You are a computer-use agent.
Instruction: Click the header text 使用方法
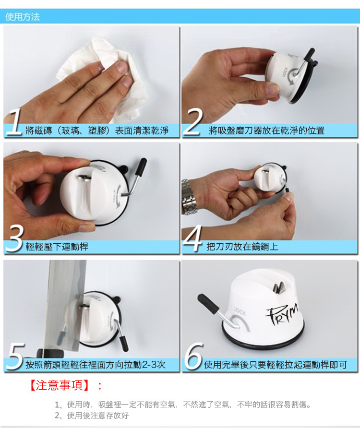click(23, 17)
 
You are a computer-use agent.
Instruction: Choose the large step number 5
click(14, 359)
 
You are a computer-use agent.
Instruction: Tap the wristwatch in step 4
click(189, 197)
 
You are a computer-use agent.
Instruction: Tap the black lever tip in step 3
click(142, 166)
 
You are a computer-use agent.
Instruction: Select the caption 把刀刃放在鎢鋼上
click(242, 247)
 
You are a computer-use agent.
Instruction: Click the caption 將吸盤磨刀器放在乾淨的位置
click(266, 130)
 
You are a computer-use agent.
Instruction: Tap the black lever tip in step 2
click(309, 54)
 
